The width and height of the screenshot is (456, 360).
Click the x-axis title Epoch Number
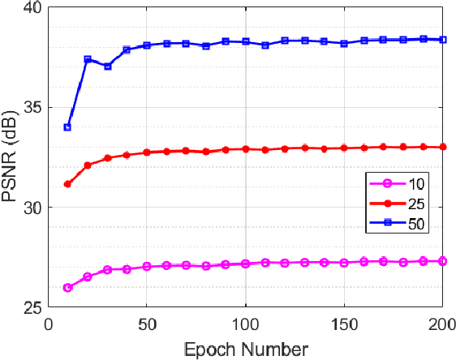[245, 349]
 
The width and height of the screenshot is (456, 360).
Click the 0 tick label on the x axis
[48, 324]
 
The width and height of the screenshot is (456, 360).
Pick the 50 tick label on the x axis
[147, 324]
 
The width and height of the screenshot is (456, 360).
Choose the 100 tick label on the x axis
[246, 324]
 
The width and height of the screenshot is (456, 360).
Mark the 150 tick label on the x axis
[345, 324]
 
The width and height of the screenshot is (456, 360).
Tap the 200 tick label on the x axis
[442, 324]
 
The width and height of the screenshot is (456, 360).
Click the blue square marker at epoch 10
[67, 127]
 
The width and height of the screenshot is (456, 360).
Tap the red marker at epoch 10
[67, 184]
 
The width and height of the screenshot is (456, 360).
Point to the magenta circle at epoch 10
[67, 287]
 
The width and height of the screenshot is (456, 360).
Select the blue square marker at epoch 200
[443, 39]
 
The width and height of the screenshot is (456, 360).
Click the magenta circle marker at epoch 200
[443, 261]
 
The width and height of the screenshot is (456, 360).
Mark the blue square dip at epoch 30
[107, 66]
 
